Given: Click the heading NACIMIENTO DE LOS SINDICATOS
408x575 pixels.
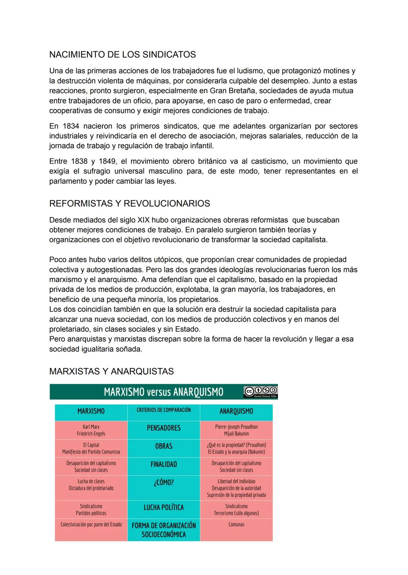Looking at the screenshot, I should click(x=122, y=55).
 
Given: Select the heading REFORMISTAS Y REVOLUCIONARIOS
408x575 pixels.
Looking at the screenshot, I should click(x=129, y=204).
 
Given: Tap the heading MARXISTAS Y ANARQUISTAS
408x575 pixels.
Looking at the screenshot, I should click(x=111, y=371).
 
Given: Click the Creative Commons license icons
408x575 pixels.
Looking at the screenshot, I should click(x=260, y=391).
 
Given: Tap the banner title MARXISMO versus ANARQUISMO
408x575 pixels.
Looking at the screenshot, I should click(x=163, y=392).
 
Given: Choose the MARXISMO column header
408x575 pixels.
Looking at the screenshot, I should click(x=91, y=411).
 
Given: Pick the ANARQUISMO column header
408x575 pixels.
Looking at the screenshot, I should click(x=236, y=411).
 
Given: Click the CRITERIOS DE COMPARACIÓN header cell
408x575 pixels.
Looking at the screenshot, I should click(x=164, y=410).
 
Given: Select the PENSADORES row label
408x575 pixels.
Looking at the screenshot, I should click(x=164, y=428).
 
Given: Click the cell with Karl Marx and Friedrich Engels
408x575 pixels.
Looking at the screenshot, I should click(x=91, y=430).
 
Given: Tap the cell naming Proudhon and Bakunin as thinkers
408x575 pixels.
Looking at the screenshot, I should click(x=236, y=430).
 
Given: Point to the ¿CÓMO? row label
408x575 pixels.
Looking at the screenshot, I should click(x=164, y=483).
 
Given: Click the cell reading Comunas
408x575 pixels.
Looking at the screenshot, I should click(x=236, y=524).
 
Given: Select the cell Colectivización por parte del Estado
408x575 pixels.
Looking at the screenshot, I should click(x=91, y=524).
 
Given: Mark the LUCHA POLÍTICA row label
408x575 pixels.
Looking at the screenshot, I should click(x=164, y=508).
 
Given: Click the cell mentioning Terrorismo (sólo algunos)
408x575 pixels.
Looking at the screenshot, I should click(x=236, y=510).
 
